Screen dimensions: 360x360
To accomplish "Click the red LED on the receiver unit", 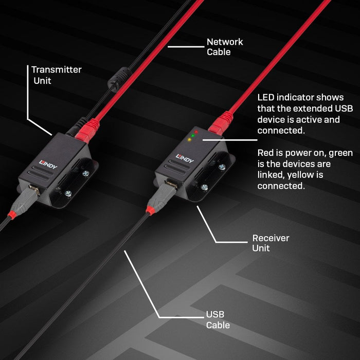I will point(196,132).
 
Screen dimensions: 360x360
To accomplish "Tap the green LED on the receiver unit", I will point(192,136).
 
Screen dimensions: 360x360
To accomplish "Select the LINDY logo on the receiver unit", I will point(185,158).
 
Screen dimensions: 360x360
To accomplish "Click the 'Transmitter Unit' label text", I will point(56,75).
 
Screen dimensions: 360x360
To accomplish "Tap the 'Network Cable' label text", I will point(225,46).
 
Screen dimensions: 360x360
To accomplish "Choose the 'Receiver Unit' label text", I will point(271,243).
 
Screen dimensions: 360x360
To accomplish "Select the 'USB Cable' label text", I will point(218,319).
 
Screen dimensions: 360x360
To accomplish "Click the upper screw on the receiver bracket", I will point(222,167).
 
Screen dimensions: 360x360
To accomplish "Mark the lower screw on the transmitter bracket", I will point(68,193).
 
